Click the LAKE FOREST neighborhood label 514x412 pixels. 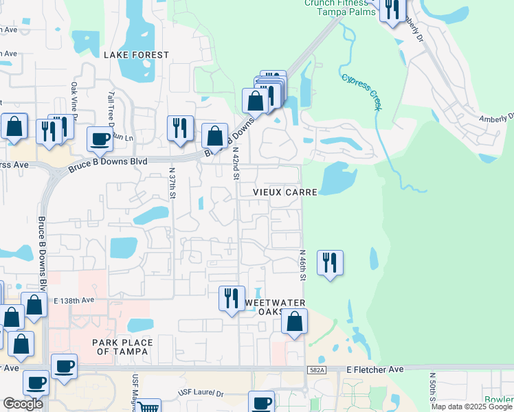pyautogui.click(x=136, y=54)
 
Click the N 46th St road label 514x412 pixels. pyautogui.click(x=301, y=265)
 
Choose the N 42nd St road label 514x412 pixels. pyautogui.click(x=236, y=163)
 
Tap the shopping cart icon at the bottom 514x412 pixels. pyautogui.click(x=148, y=407)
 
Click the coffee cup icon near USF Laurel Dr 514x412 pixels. pyautogui.click(x=261, y=402)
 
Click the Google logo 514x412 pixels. pyautogui.click(x=23, y=404)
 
